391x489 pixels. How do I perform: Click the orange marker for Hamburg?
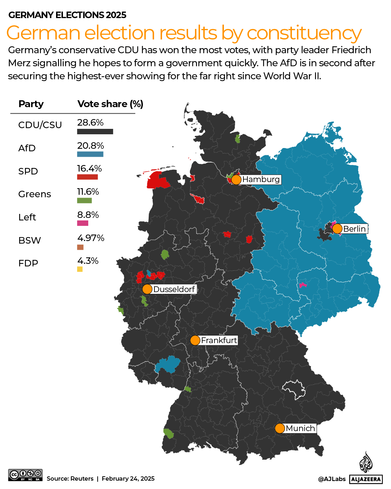(236, 180)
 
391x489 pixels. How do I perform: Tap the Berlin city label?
(354, 229)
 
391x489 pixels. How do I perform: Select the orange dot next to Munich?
(280, 428)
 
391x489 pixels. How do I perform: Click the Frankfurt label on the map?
(219, 340)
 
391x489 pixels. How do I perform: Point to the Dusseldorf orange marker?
(147, 289)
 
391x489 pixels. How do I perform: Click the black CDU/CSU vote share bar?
(95, 132)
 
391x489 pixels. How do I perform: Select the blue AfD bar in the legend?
(90, 154)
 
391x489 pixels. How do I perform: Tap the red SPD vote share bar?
(87, 177)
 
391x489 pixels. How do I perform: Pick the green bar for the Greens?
(84, 201)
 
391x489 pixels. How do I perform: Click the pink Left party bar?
(82, 223)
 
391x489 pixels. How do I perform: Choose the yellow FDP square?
(80, 269)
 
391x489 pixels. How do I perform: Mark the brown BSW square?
(80, 247)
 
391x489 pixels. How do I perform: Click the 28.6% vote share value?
(90, 122)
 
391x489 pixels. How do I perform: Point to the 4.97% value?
(91, 238)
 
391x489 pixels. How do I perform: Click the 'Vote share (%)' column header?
(110, 104)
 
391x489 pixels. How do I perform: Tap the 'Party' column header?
(31, 104)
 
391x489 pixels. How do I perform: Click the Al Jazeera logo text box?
(366, 479)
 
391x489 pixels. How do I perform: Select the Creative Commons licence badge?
(25, 475)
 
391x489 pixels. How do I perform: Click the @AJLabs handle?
(332, 479)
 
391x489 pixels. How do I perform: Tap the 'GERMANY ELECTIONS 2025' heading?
(67, 15)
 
